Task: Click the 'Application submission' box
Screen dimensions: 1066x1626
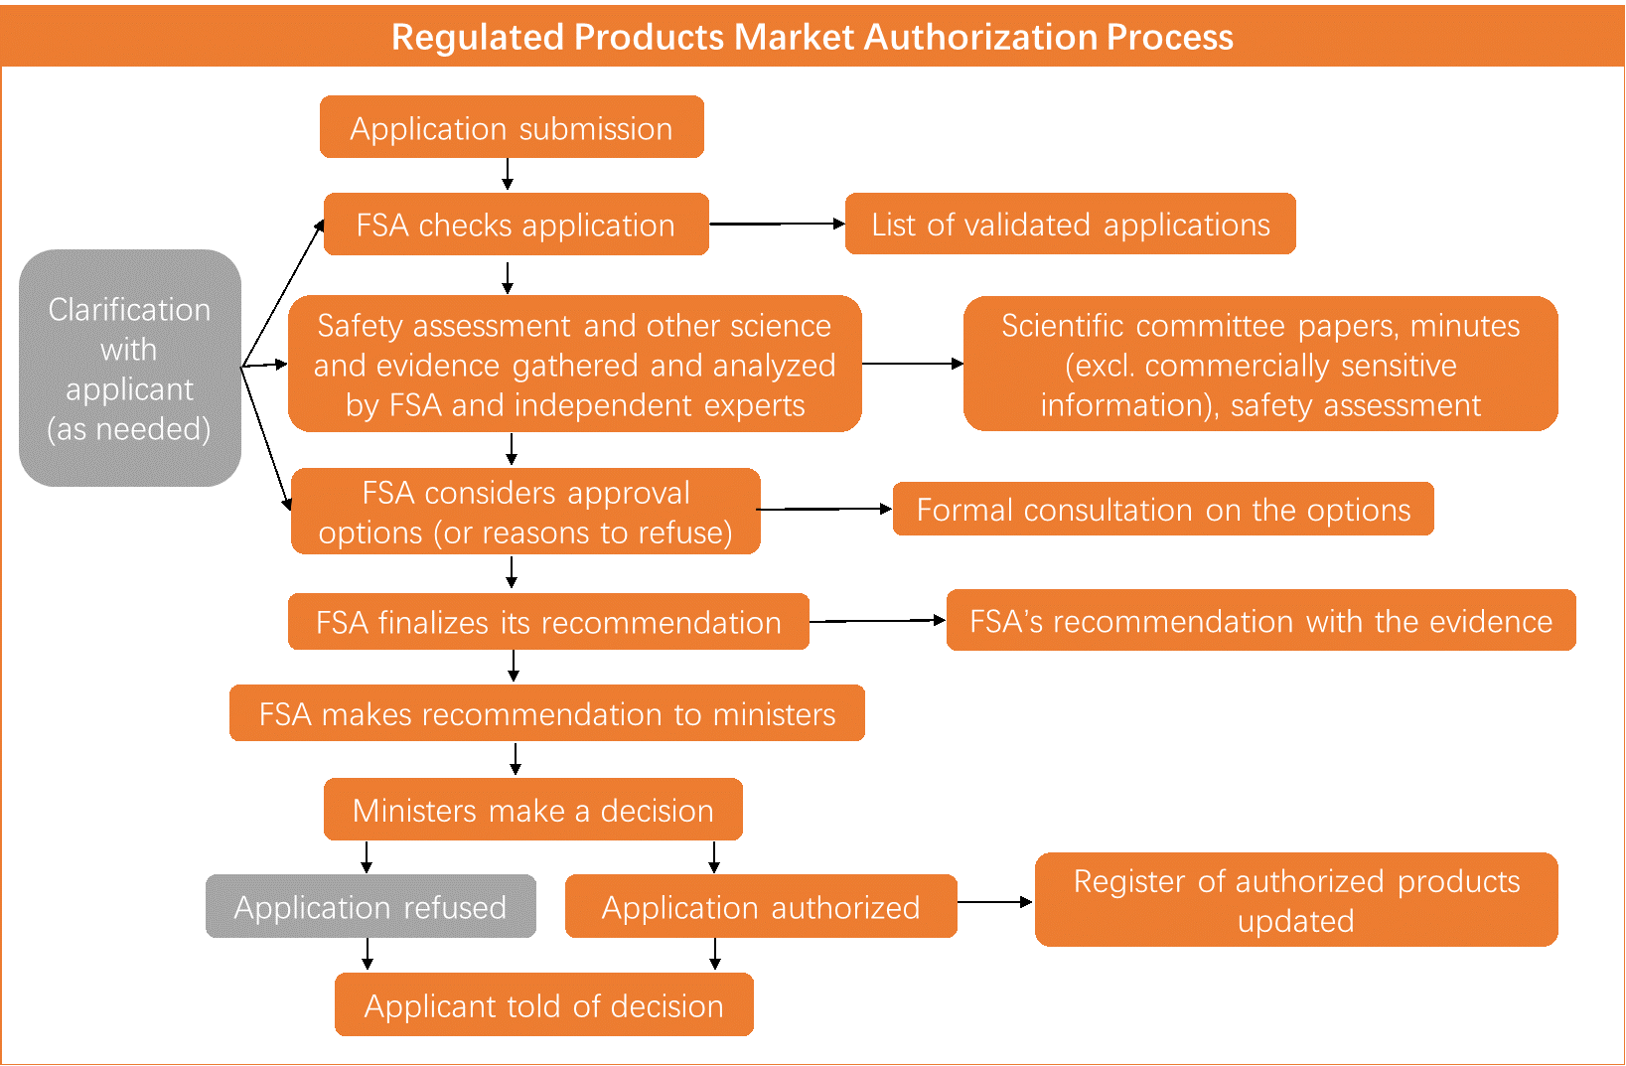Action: point(512,127)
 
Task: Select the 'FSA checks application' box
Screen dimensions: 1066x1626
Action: point(516,225)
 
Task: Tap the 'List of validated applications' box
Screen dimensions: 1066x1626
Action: point(1070,225)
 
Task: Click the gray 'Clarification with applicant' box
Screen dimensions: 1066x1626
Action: point(130,369)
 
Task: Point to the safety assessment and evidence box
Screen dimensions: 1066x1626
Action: point(574,365)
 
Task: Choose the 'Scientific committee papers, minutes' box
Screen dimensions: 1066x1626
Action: point(1259,365)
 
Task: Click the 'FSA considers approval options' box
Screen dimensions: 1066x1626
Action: point(525,512)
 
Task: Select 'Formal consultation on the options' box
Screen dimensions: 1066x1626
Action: point(1163,510)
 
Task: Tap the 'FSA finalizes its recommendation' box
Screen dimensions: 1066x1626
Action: point(548,622)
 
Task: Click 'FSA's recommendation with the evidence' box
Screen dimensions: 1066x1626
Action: point(1260,621)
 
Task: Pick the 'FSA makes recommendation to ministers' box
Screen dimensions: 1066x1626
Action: point(546,713)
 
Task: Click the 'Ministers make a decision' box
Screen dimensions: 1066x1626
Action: point(532,810)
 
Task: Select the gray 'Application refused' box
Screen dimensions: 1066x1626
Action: point(370,906)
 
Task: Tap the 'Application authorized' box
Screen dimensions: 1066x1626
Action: point(761,906)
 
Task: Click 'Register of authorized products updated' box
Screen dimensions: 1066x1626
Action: point(1296,900)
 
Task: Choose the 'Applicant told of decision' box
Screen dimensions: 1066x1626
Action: point(543,1005)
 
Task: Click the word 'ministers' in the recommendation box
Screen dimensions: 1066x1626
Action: point(774,714)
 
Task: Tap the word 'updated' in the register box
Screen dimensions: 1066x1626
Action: point(1295,921)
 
